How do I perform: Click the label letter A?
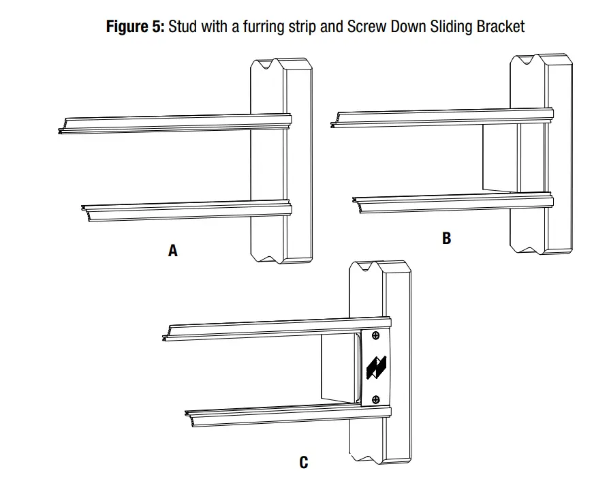pyautogui.click(x=173, y=251)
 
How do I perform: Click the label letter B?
pyautogui.click(x=446, y=238)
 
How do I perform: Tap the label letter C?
pyautogui.click(x=304, y=463)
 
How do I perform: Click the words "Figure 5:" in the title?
pyautogui.click(x=135, y=27)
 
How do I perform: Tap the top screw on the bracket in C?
pyautogui.click(x=375, y=335)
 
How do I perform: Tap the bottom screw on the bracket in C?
pyautogui.click(x=375, y=399)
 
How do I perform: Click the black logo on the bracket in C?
pyautogui.click(x=376, y=367)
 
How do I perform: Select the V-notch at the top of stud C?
pyautogui.click(x=369, y=268)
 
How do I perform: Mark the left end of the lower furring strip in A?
pyautogui.click(x=84, y=209)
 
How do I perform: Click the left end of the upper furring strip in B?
pyautogui.click(x=333, y=123)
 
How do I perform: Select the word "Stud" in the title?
pyautogui.click(x=182, y=27)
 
